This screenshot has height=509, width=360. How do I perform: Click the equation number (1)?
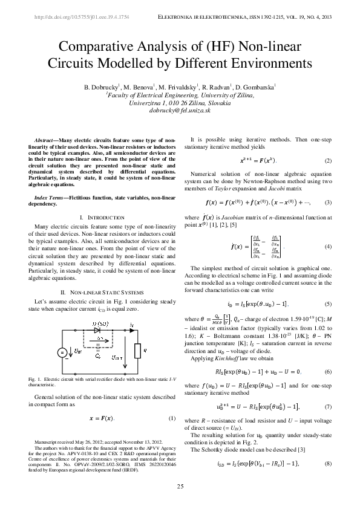171,418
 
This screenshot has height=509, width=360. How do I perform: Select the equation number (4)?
328,247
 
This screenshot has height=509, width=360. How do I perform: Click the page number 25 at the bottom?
180,487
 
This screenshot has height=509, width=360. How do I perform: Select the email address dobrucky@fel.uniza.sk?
179,112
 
